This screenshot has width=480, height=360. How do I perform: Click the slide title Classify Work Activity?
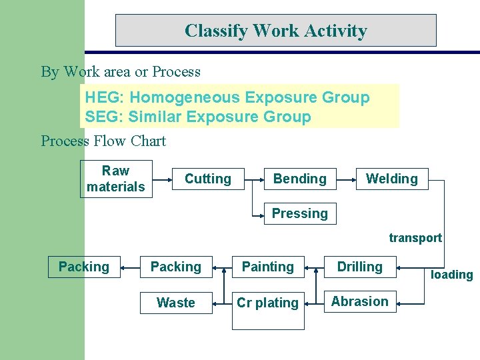(x=275, y=31)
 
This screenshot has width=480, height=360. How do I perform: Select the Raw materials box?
(x=116, y=179)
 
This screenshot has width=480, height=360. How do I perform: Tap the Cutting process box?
(x=208, y=179)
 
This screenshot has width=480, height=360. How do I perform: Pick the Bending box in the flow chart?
(x=300, y=179)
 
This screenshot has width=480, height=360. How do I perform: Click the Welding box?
(x=392, y=179)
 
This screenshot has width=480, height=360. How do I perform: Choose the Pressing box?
(x=300, y=213)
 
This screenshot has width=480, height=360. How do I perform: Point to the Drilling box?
(x=360, y=267)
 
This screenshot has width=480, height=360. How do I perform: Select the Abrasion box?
(x=360, y=301)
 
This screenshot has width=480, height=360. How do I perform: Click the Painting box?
(x=268, y=267)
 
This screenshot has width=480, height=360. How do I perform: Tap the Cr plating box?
(x=268, y=303)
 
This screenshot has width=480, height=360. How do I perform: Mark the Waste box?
(x=176, y=303)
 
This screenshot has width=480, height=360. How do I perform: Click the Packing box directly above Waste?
(x=176, y=267)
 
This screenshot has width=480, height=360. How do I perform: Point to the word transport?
(x=415, y=238)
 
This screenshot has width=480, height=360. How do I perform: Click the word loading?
(x=451, y=275)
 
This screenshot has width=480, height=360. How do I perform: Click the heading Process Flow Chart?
(x=103, y=141)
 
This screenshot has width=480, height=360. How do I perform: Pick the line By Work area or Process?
(x=121, y=71)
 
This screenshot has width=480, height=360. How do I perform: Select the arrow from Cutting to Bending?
(x=254, y=179)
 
